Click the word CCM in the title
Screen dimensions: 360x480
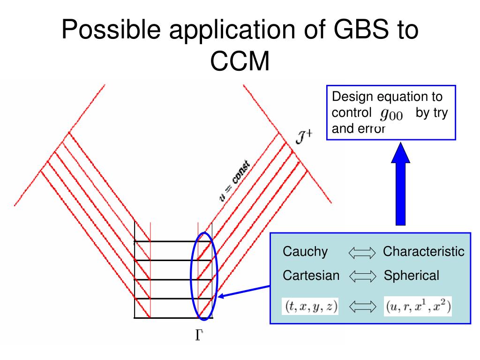[240, 61]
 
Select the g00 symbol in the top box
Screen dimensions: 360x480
[391, 113]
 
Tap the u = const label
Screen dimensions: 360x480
[234, 181]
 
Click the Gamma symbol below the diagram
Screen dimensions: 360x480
[199, 336]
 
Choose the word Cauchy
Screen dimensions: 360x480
[305, 252]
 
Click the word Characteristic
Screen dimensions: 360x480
[423, 252]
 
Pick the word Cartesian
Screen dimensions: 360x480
[311, 276]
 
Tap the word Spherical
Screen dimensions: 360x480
[412, 276]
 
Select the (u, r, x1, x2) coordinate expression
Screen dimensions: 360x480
[418, 307]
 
